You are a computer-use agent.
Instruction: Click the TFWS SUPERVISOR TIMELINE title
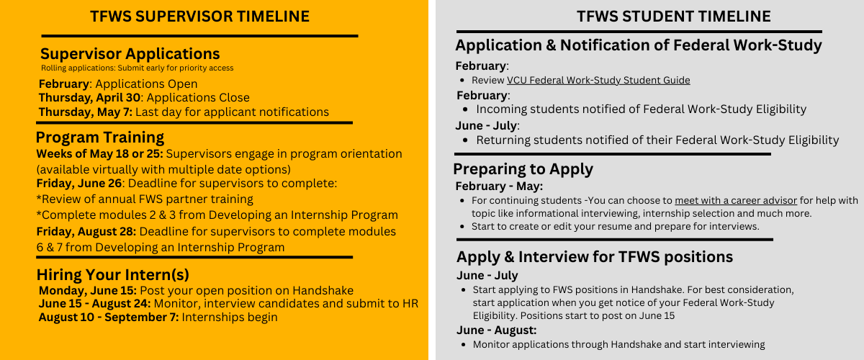199,16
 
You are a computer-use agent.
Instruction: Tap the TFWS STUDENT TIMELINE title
673,16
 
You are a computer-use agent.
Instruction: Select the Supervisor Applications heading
130,54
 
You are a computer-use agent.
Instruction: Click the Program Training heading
100,138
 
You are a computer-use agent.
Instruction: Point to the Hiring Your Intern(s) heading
113,274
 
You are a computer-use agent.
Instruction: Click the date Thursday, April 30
89,98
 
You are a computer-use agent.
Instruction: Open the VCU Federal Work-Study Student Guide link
598,81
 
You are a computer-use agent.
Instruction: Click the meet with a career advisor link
735,200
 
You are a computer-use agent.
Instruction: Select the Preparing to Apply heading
523,169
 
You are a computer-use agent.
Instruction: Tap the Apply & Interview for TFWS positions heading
595,257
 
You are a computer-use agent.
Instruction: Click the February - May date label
498,186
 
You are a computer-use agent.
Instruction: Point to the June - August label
496,330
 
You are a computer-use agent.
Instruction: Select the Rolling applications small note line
137,68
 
